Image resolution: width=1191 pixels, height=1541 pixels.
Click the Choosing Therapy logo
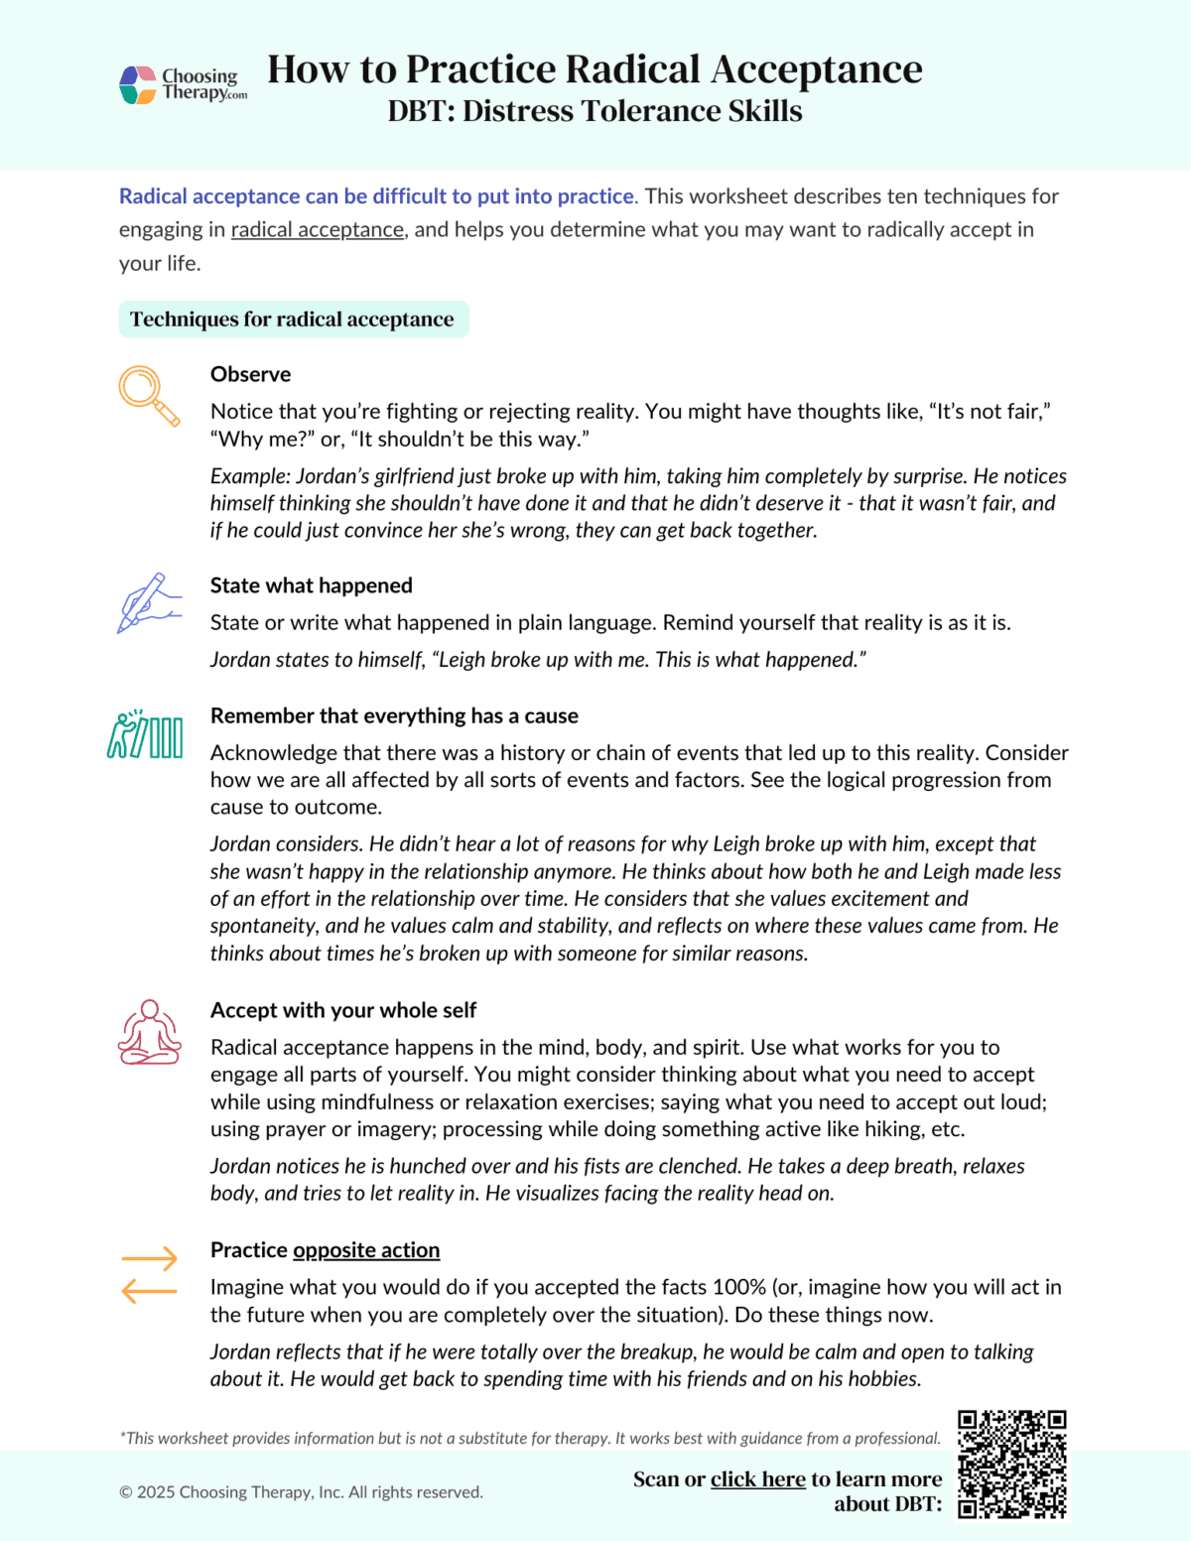click(183, 84)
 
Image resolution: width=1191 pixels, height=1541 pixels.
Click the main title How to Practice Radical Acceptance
click(595, 69)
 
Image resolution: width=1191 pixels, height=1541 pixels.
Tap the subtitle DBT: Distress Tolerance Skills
click(595, 111)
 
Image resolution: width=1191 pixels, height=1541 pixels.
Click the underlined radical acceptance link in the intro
click(318, 230)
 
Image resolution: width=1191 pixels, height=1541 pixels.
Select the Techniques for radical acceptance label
click(293, 320)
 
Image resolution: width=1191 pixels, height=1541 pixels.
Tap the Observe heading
click(250, 374)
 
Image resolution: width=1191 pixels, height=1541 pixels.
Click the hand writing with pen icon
click(149, 603)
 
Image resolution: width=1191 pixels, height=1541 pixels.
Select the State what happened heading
click(311, 585)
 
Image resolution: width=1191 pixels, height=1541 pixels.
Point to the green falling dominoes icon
click(145, 734)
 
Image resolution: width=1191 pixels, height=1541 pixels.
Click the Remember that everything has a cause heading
click(394, 715)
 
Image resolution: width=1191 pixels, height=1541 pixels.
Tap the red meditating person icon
click(149, 1032)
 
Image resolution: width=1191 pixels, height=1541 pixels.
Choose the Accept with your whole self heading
click(342, 1010)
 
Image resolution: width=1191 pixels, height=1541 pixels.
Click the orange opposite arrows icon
click(149, 1274)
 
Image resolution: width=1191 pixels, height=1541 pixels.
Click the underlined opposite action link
click(366, 1250)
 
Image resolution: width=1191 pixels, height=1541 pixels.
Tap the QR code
click(1011, 1464)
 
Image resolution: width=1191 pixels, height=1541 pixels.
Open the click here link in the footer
click(757, 1479)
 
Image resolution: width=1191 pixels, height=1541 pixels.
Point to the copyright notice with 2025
click(301, 1492)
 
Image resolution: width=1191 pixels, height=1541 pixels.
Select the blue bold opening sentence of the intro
click(377, 196)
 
